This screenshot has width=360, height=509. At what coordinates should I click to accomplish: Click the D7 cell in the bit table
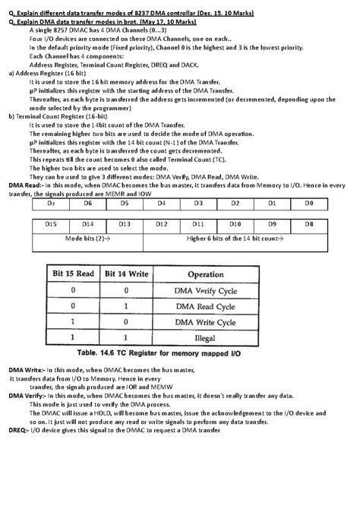point(51,204)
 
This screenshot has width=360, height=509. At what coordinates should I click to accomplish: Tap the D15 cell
point(51,224)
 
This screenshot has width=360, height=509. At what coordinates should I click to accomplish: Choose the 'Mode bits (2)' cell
point(87,239)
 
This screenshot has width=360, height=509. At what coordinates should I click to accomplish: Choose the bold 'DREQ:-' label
point(20,432)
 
